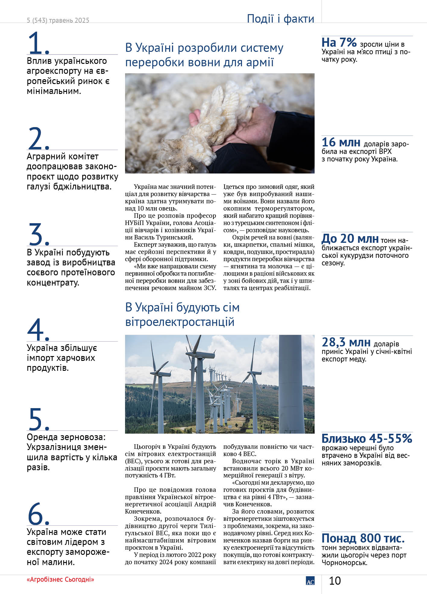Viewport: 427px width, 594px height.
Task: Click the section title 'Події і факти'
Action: tap(280, 19)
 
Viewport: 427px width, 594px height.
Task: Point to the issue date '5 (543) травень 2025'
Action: tap(58, 20)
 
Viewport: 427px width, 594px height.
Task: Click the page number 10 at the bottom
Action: tap(335, 581)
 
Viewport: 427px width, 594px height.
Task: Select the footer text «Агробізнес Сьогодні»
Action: tap(60, 580)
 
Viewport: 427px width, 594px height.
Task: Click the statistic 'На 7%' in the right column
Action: tap(339, 43)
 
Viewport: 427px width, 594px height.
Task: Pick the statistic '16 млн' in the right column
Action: tap(341, 142)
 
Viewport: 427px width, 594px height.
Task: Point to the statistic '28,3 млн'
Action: tap(346, 342)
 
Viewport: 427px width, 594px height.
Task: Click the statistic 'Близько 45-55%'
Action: tap(367, 439)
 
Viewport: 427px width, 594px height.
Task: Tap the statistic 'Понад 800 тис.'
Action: tap(363, 538)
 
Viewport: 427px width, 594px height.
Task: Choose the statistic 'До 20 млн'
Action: tap(350, 239)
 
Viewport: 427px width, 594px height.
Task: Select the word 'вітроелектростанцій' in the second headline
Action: tap(180, 322)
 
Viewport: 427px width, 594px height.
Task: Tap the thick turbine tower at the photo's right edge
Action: tap(291, 386)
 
